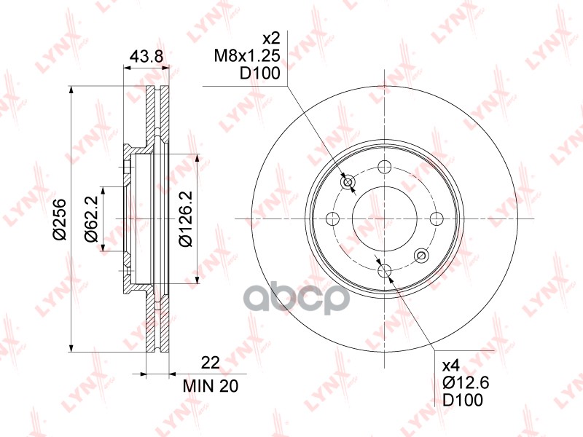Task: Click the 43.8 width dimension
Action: (146, 57)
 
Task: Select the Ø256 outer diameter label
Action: (59, 220)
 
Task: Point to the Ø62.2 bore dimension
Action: (91, 219)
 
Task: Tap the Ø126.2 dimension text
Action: (185, 219)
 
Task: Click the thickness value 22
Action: (211, 363)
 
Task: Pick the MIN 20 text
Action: (211, 387)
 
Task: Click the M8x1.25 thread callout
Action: (247, 56)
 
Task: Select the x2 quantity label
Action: (271, 39)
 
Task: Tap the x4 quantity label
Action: (451, 366)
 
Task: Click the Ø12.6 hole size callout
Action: (466, 383)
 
